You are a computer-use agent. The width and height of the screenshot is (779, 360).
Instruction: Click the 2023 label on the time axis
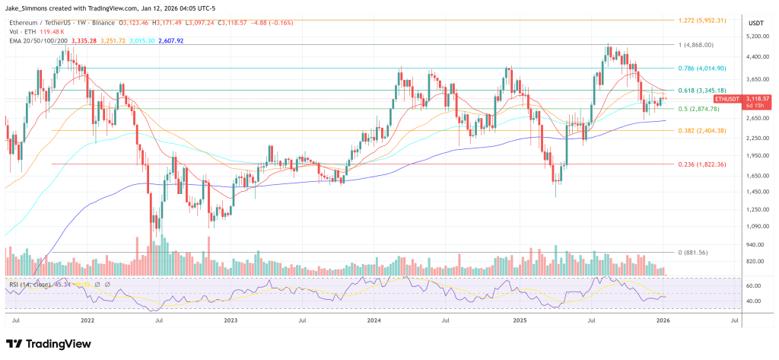[x=231, y=321]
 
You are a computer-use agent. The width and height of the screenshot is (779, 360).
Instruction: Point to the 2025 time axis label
[x=520, y=321]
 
